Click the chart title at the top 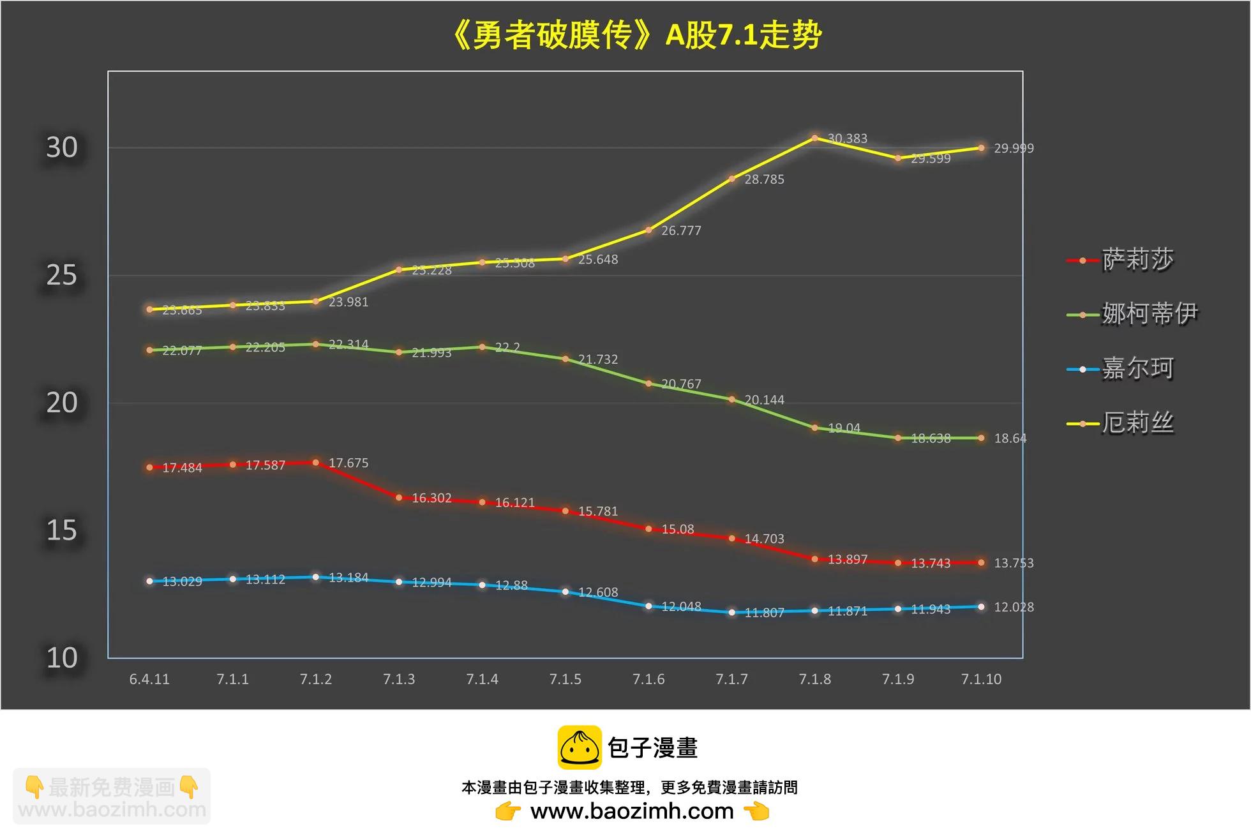tap(636, 35)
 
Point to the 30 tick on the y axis tap(62, 147)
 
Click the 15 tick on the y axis tap(62, 530)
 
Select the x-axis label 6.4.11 tap(149, 679)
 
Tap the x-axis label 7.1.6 tap(648, 679)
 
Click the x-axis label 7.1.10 tap(981, 679)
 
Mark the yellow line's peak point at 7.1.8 tap(815, 138)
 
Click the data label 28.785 tap(764, 179)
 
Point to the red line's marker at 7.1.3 tap(399, 498)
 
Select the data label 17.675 tap(348, 463)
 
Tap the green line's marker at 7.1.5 tap(566, 359)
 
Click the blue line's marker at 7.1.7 tap(732, 612)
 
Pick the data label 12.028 tap(1014, 607)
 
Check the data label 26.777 tap(681, 230)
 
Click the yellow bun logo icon tap(579, 747)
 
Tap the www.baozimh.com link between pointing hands tap(632, 811)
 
